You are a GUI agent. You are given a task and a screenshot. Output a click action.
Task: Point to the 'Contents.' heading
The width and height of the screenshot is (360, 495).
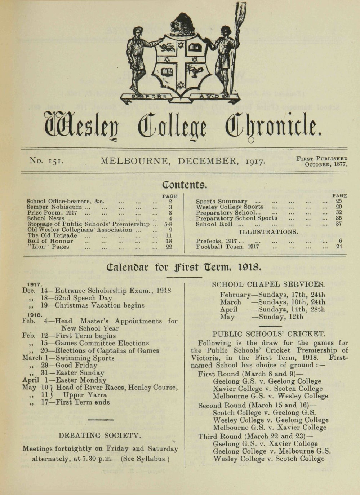pyautogui.click(x=184, y=185)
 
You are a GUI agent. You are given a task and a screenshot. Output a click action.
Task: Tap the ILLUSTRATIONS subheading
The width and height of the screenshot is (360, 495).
pyautogui.click(x=269, y=231)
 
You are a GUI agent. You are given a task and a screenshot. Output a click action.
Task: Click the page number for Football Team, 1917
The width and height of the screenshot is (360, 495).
pyautogui.click(x=339, y=247)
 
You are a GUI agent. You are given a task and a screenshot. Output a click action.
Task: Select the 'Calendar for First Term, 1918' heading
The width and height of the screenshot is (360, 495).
pyautogui.click(x=184, y=269)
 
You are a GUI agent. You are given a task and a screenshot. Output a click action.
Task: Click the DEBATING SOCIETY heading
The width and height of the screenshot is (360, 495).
pyautogui.click(x=100, y=436)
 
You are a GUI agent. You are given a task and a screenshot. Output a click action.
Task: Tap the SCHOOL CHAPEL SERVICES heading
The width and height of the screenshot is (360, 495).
pyautogui.click(x=268, y=284)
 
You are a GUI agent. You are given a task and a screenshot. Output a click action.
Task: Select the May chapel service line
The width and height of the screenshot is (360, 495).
pyautogui.click(x=262, y=317)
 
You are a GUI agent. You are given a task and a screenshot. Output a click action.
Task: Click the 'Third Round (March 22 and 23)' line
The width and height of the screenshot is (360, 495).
pyautogui.click(x=255, y=436)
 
